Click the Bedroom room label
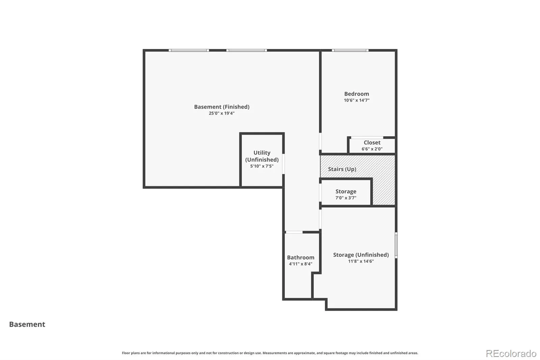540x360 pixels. click(356, 94)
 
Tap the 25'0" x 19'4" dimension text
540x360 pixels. click(221, 113)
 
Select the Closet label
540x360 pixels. click(372, 143)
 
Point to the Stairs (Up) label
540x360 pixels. click(342, 169)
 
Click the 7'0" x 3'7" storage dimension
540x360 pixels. click(346, 198)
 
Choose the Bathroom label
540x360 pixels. click(301, 257)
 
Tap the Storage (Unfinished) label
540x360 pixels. click(361, 255)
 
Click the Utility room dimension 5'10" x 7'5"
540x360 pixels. click(262, 166)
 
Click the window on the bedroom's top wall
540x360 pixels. click(350, 50)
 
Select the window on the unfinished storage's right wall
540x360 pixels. click(396, 245)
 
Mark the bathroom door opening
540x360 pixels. click(294, 232)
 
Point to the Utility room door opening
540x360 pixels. click(283, 164)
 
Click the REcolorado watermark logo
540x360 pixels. click(511, 354)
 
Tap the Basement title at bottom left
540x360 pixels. click(27, 324)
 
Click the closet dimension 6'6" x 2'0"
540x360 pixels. click(372, 149)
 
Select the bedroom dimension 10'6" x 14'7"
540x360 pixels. click(356, 100)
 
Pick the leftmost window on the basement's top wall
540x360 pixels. click(189, 50)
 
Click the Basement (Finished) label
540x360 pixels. click(222, 107)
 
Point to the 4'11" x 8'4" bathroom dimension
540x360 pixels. click(301, 264)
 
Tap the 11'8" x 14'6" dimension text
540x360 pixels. click(361, 261)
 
